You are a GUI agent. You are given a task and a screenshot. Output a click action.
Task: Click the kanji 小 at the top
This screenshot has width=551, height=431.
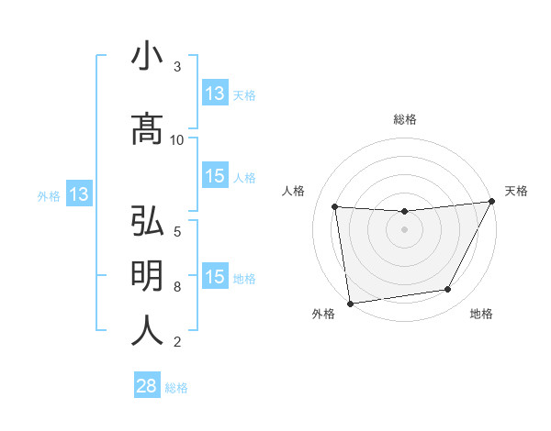pyautogui.click(x=147, y=57)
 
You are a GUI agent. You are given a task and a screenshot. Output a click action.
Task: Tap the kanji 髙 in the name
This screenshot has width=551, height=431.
pyautogui.click(x=147, y=129)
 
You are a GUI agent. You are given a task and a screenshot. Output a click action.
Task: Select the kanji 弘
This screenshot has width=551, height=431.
pyautogui.click(x=147, y=223)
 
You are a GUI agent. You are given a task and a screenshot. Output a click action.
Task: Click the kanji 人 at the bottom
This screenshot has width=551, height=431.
pyautogui.click(x=147, y=330)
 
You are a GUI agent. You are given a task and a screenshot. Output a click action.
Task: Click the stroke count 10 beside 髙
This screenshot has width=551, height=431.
pyautogui.click(x=177, y=139)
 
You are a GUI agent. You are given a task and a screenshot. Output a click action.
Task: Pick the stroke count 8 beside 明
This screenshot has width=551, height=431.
pyautogui.click(x=177, y=287)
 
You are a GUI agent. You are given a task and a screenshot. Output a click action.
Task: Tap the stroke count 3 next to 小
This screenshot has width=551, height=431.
pyautogui.click(x=177, y=67)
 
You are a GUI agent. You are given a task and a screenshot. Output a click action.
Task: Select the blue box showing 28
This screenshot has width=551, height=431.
pyautogui.click(x=147, y=387)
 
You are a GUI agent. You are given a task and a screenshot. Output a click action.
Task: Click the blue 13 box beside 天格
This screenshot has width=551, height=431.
pyautogui.click(x=215, y=94)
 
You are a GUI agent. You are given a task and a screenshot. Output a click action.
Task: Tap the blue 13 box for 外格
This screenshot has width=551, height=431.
pyautogui.click(x=78, y=194)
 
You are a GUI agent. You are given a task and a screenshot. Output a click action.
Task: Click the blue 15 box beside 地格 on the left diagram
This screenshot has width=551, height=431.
pyautogui.click(x=215, y=277)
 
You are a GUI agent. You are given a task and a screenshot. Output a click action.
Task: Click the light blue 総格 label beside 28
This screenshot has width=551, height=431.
pyautogui.click(x=176, y=388)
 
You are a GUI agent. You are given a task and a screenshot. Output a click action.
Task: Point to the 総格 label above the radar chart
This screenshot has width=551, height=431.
pyautogui.click(x=404, y=119)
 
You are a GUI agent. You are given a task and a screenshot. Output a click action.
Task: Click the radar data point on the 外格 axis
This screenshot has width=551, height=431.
pyautogui.click(x=350, y=302)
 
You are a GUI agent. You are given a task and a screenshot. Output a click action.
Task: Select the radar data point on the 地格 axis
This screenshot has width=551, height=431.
pyautogui.click(x=448, y=290)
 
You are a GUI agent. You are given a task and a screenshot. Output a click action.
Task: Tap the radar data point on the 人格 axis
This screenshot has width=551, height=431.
pyautogui.click(x=335, y=207)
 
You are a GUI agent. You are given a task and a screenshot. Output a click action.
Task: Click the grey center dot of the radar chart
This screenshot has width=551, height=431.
pyautogui.click(x=404, y=229)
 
